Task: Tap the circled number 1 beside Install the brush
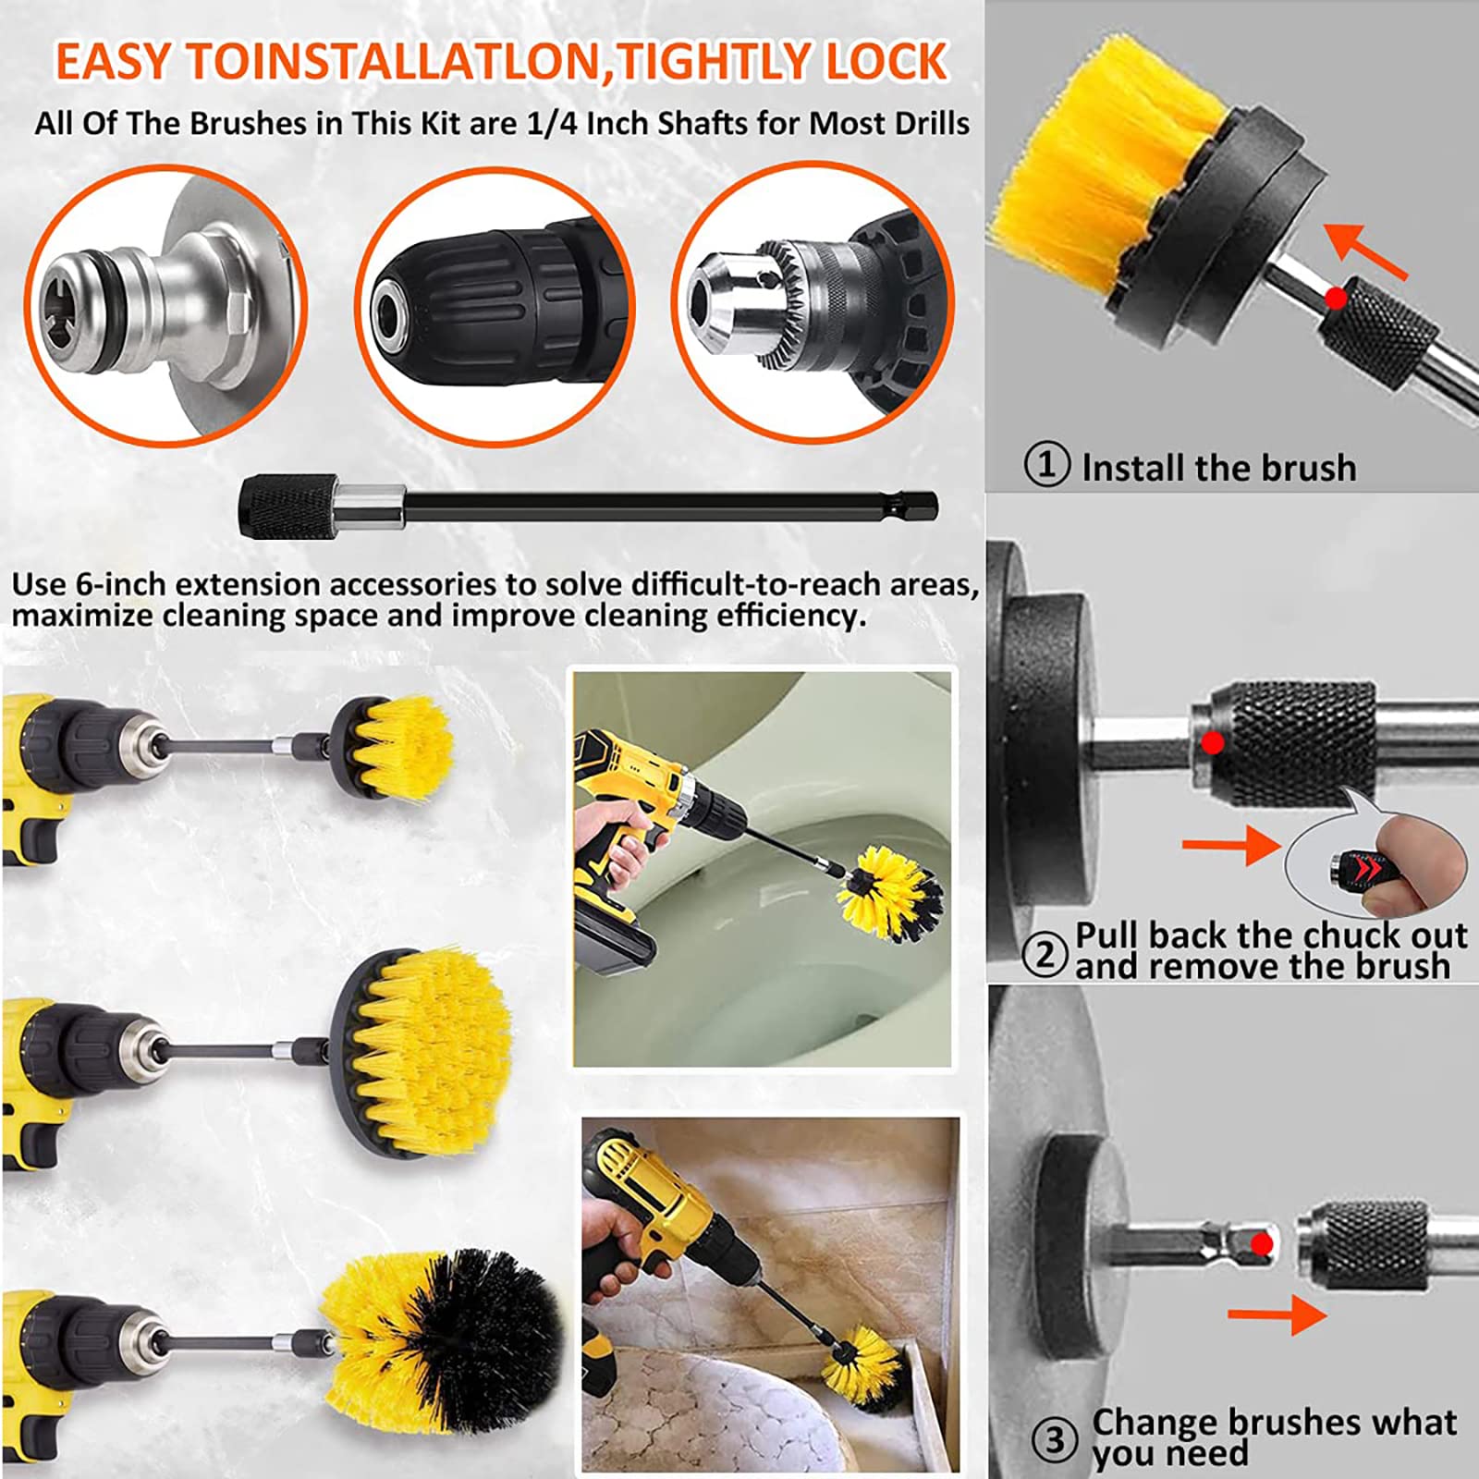point(1047,464)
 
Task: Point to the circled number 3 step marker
point(1055,1439)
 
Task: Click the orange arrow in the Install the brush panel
point(1365,251)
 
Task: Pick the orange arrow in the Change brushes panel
point(1277,1314)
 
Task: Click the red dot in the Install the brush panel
point(1335,298)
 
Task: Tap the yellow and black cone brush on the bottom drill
point(444,1331)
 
